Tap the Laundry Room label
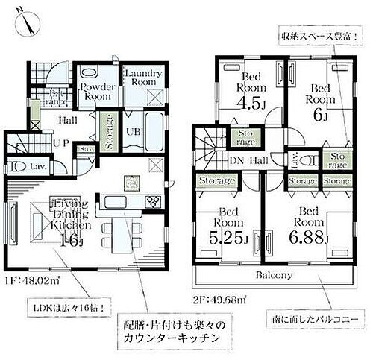[140, 77]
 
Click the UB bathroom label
[131, 132]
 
